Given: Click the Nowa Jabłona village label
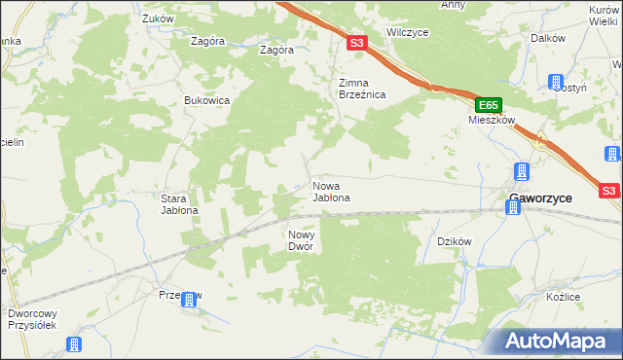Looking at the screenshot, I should click(x=330, y=192).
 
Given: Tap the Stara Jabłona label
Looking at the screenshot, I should click(x=179, y=203).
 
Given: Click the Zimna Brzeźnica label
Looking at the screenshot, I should click(x=362, y=89).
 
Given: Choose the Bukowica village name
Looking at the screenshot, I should click(x=206, y=100).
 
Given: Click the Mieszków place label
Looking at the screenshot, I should click(x=490, y=121).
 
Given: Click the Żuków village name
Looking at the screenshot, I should click(x=157, y=18).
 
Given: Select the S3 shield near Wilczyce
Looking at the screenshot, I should click(x=356, y=43).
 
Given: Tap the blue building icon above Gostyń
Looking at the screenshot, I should click(x=556, y=82).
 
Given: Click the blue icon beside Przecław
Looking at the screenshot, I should click(x=191, y=301).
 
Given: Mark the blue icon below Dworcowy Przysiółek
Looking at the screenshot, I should click(x=73, y=344).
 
